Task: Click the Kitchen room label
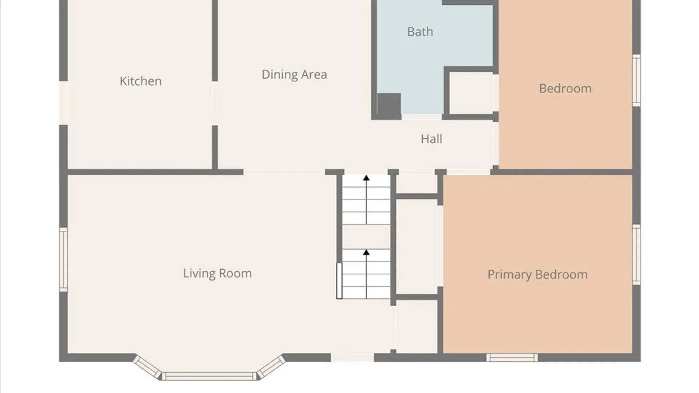141,81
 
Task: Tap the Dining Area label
294,75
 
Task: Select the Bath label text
420,32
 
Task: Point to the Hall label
431,139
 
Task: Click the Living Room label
217,273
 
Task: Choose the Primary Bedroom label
537,274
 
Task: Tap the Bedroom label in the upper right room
565,88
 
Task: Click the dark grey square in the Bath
389,105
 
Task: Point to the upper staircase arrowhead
366,178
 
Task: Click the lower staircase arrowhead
366,252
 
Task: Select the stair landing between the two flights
366,237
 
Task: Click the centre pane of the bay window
209,376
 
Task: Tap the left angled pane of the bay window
147,367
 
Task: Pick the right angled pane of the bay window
271,367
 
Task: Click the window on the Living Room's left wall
63,259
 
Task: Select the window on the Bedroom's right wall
636,80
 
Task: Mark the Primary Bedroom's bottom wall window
512,357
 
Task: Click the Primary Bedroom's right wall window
636,255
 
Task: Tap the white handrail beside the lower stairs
339,281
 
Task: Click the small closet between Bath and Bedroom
471,93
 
